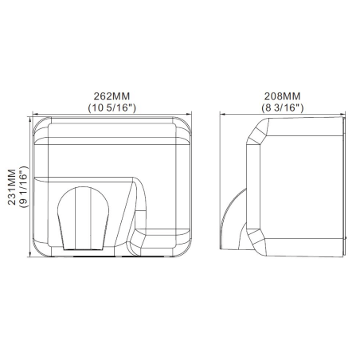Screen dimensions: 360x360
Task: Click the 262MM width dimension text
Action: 112,96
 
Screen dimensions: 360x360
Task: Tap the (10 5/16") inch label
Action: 112,108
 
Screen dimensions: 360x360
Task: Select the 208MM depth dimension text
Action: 282,96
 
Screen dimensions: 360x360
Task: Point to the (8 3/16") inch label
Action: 282,108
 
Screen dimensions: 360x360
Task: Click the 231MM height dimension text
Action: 12,187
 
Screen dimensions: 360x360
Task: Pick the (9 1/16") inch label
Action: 23,187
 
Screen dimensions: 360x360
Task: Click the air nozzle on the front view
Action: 83,218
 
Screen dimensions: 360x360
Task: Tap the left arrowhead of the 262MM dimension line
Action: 35,114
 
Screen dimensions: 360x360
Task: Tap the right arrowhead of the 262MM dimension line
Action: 189,114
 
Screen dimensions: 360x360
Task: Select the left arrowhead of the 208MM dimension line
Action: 222,114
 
